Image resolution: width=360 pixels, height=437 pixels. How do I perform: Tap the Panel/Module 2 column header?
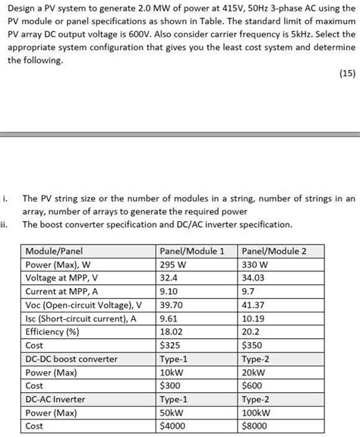[x=273, y=251]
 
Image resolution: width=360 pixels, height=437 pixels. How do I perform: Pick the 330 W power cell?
[x=254, y=264]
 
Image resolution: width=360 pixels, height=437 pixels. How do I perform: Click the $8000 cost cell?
[x=254, y=426]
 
